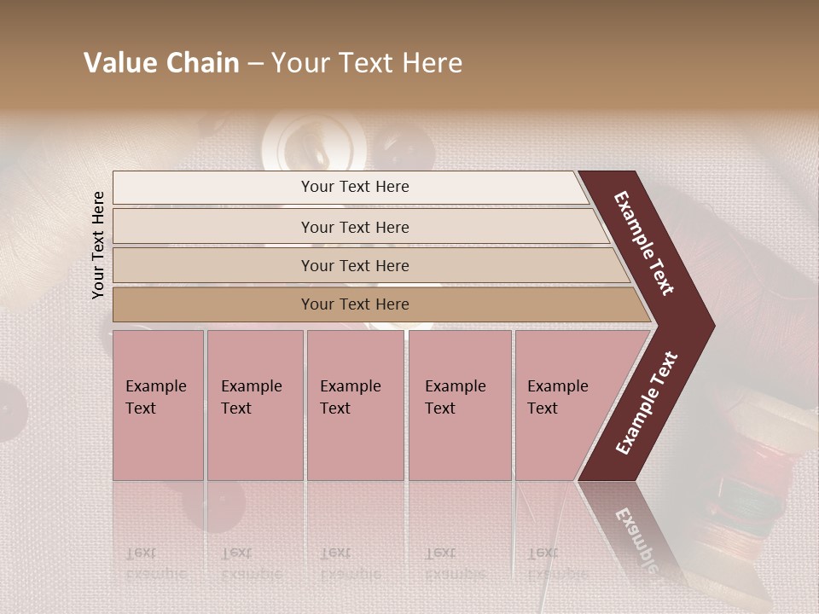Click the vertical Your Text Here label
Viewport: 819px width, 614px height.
click(98, 245)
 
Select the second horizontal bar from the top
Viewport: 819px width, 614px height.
click(354, 227)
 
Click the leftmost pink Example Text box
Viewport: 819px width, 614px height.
click(158, 405)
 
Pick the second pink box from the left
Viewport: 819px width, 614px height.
click(254, 405)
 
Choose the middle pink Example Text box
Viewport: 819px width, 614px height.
click(355, 405)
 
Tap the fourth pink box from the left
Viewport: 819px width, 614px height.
click(459, 405)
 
